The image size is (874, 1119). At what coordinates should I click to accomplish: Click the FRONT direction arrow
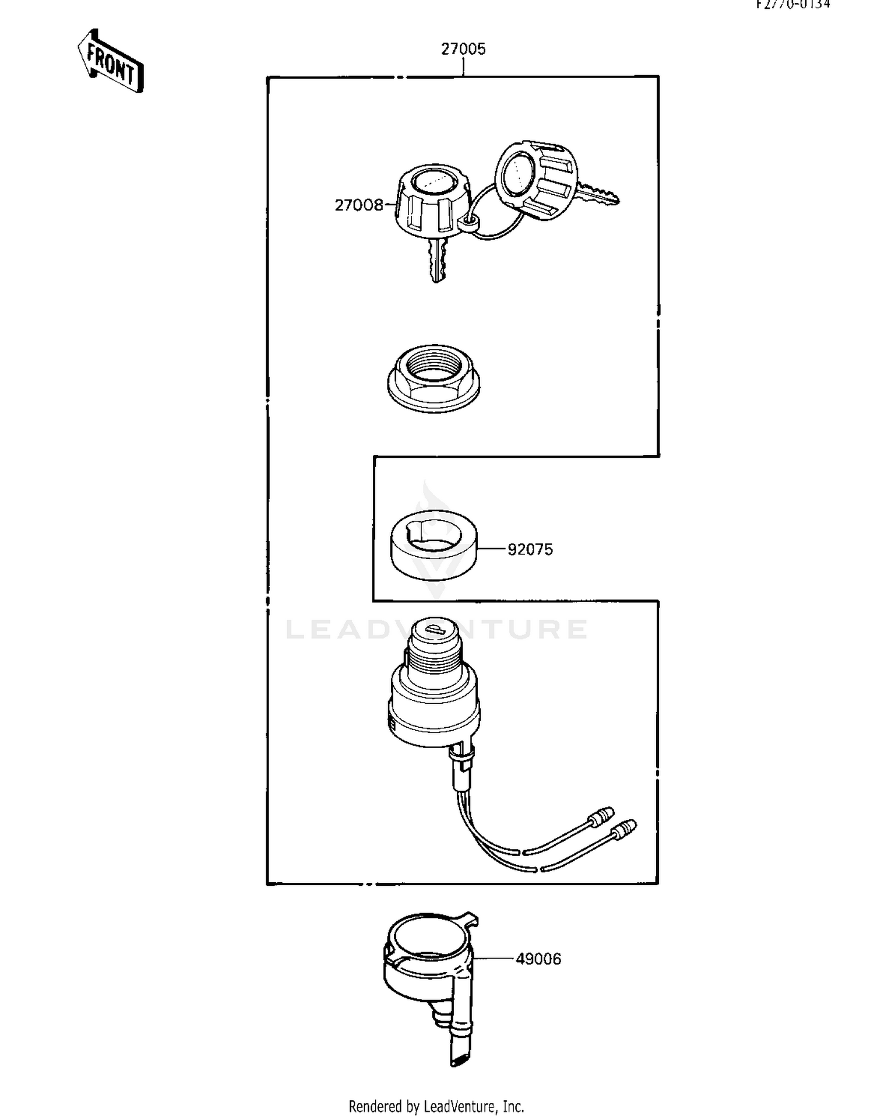coord(111,62)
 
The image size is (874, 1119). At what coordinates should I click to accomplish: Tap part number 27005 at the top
coord(463,49)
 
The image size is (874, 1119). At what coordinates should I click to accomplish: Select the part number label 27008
coord(359,205)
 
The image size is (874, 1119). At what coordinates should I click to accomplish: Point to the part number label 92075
coord(530,549)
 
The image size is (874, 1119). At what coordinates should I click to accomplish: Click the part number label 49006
coord(538,959)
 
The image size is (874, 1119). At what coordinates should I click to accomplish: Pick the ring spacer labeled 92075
coord(433,545)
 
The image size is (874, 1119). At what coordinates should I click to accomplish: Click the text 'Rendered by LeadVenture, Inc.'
coord(436,1106)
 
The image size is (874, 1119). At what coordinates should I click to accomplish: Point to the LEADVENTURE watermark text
coord(436,629)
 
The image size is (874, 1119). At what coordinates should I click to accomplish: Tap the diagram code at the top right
coord(794,5)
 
